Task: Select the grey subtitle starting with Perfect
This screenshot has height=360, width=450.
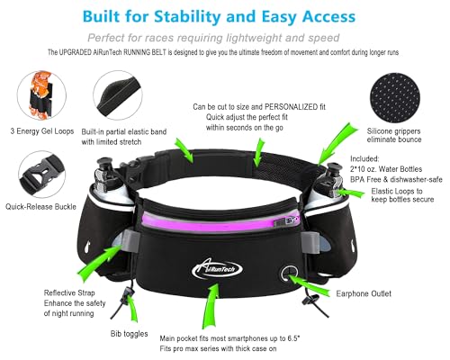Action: pos(224,39)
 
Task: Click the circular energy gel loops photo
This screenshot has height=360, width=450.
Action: pos(41,96)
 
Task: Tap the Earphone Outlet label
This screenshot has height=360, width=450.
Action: pos(370,292)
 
